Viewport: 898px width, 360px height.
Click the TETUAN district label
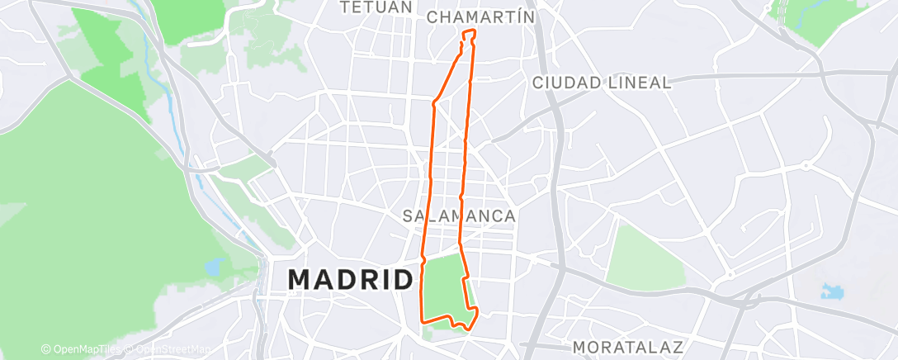coord(376,7)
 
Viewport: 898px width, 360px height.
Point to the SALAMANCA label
coord(459,216)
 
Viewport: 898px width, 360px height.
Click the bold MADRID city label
coord(351,279)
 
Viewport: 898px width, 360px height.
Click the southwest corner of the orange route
coord(423,320)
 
